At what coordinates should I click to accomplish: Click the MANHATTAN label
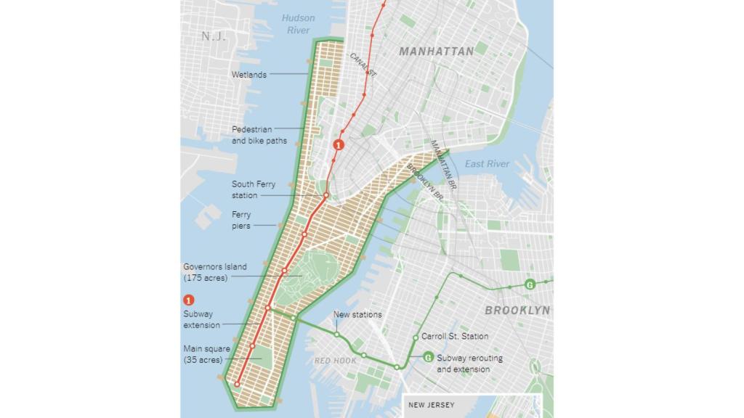[x=436, y=52]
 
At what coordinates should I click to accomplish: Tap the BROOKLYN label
[x=517, y=311]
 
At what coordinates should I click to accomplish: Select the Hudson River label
[x=299, y=24]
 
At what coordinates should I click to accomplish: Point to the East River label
[x=487, y=164]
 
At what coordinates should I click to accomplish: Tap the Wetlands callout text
[x=248, y=75]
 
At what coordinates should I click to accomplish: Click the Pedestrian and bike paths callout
[x=259, y=135]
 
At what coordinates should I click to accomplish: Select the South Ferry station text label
[x=254, y=190]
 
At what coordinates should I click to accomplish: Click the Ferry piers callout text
[x=241, y=221]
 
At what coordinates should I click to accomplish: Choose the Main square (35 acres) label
[x=206, y=354]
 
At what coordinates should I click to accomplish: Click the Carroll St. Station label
[x=455, y=337]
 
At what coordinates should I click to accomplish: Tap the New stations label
[x=357, y=314]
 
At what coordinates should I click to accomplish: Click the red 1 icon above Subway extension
[x=189, y=300]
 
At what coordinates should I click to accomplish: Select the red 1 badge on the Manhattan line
[x=337, y=145]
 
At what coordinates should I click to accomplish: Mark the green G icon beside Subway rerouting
[x=428, y=356]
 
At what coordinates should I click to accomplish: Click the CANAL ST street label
[x=363, y=65]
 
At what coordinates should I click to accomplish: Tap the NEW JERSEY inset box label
[x=432, y=405]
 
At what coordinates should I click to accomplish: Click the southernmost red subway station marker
[x=237, y=383]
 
